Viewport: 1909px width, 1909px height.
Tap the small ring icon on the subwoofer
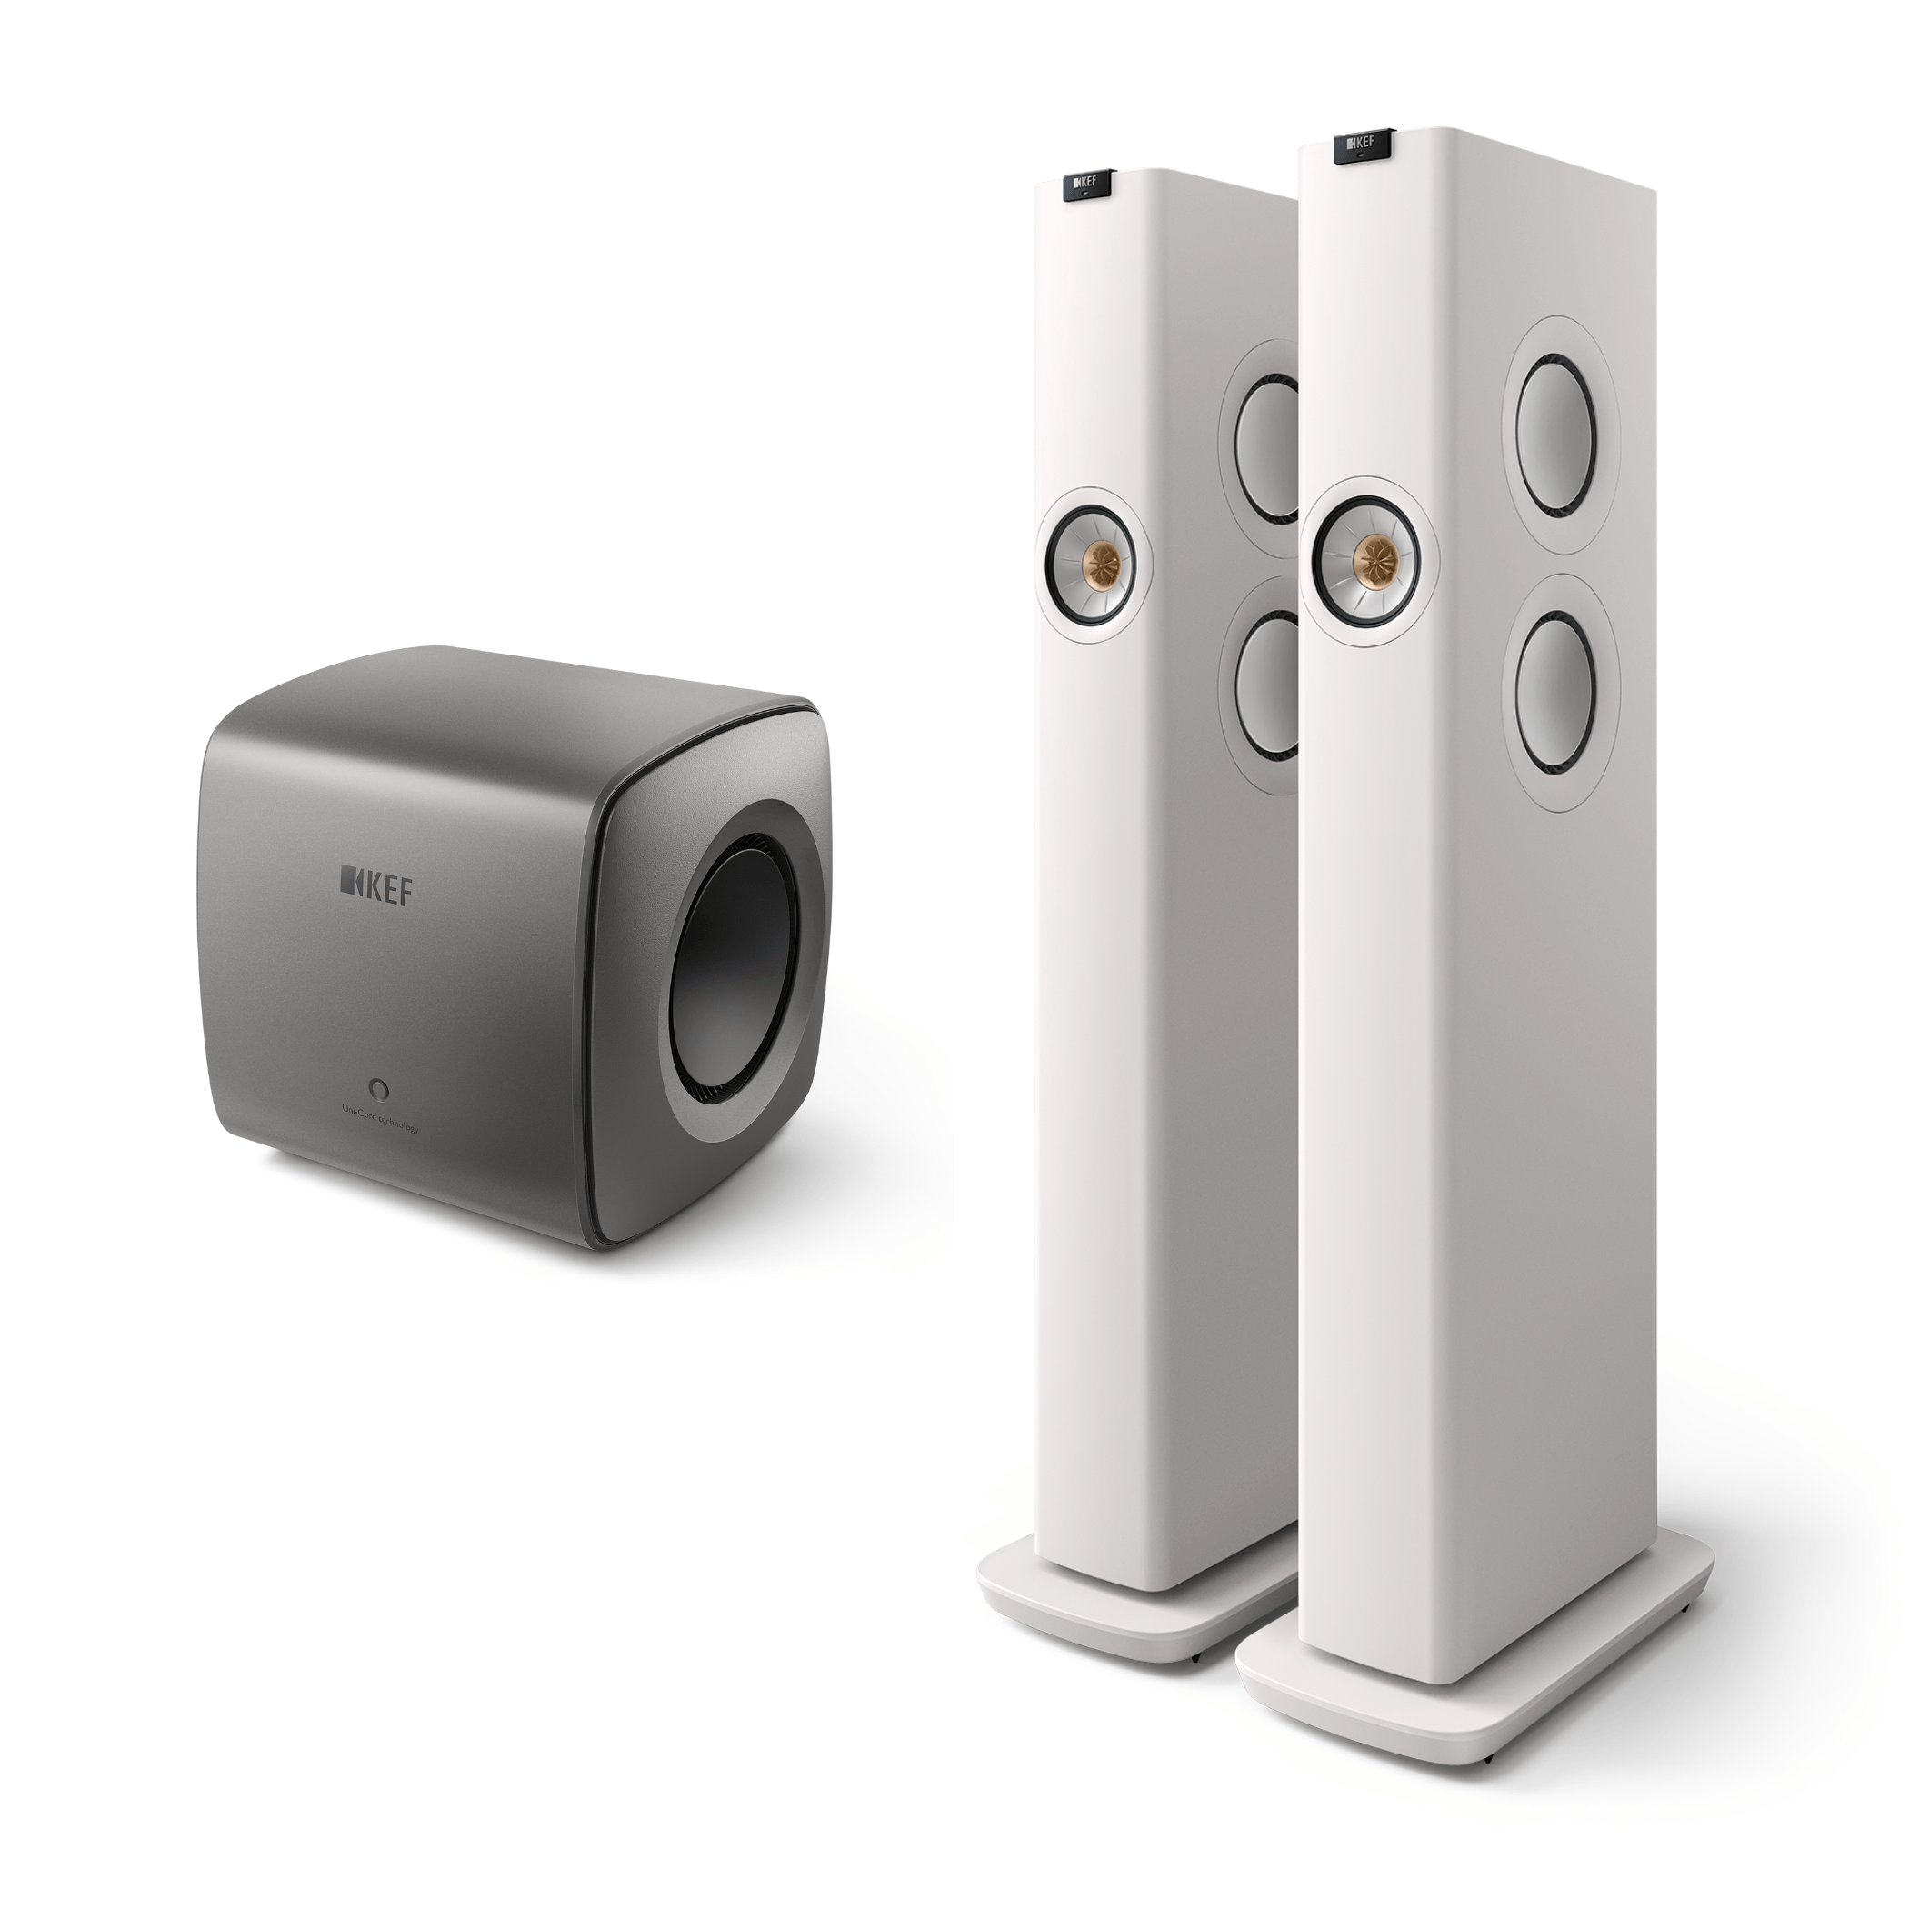click(377, 1087)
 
